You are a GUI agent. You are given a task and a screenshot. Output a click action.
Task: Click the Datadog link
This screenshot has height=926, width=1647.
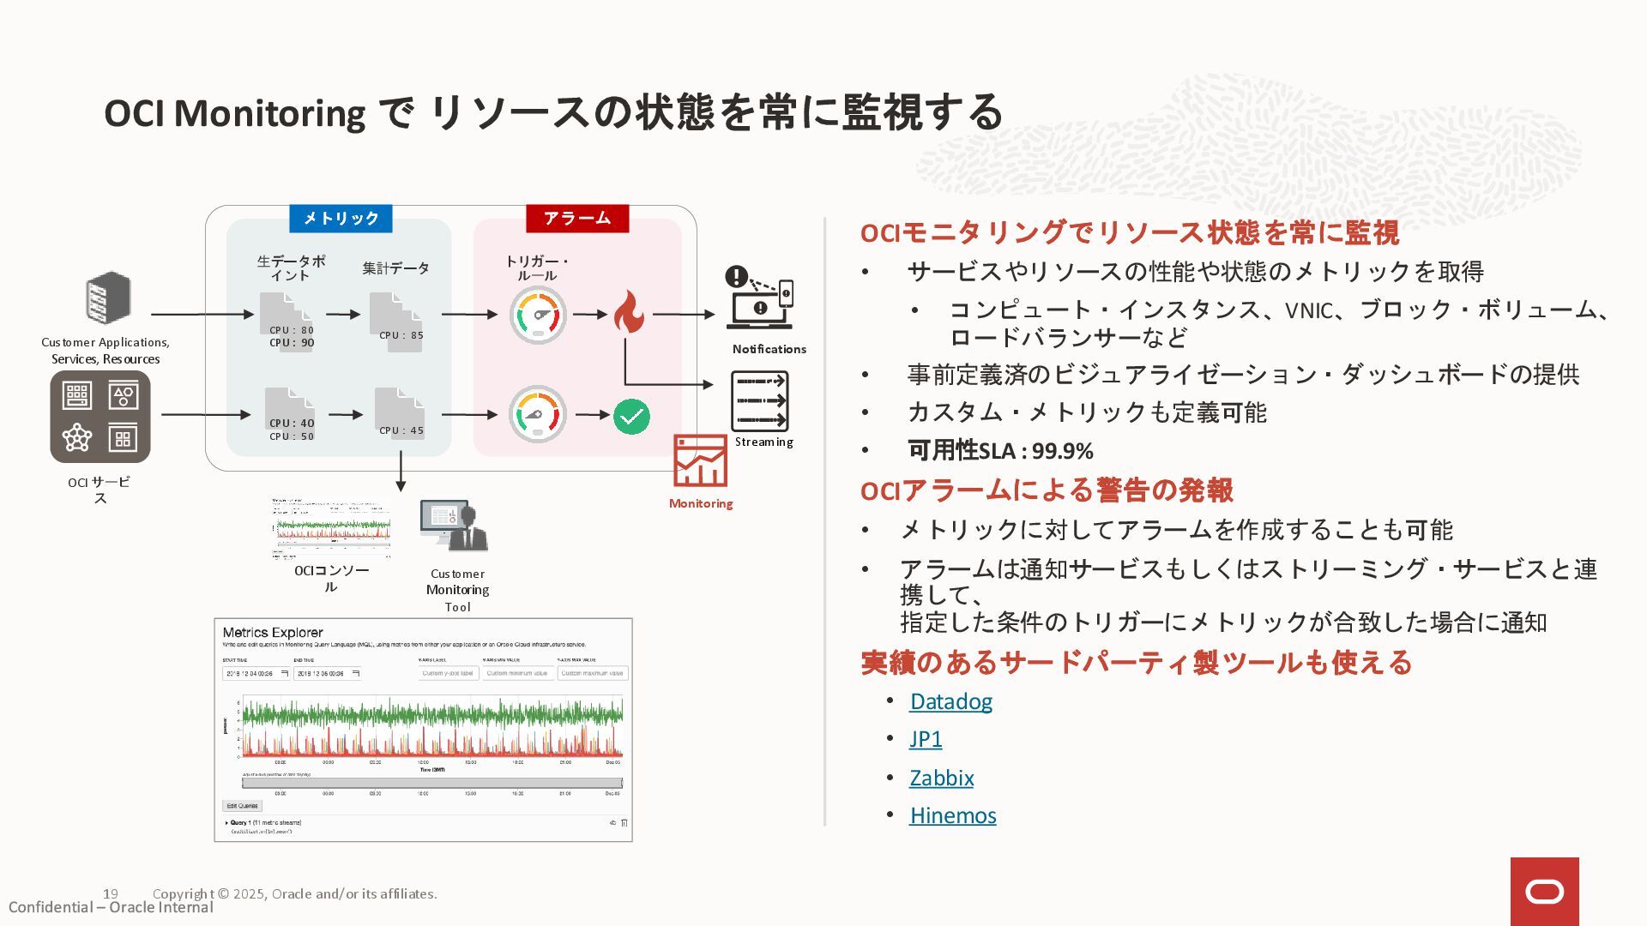click(950, 701)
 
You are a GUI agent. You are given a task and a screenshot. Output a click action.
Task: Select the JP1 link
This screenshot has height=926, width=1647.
click(926, 739)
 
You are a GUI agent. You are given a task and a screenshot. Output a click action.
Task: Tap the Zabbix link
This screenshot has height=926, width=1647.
click(941, 778)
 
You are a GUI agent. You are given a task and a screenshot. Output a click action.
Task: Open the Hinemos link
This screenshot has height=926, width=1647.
click(952, 815)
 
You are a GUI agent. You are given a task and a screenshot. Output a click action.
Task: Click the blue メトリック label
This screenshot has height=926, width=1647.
click(341, 219)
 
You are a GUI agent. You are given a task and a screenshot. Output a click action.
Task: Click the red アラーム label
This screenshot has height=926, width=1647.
click(577, 219)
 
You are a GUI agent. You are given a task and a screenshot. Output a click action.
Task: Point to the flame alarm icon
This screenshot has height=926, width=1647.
click(629, 312)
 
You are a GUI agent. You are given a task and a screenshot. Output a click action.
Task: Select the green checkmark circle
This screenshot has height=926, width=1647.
click(631, 417)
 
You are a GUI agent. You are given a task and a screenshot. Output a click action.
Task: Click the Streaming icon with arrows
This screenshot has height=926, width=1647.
click(759, 401)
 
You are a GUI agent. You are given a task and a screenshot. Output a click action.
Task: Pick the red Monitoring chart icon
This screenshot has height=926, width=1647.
click(700, 461)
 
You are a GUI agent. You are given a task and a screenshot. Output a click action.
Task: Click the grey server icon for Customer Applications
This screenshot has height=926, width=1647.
click(108, 298)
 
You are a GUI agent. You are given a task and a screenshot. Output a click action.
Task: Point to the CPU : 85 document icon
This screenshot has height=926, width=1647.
click(395, 322)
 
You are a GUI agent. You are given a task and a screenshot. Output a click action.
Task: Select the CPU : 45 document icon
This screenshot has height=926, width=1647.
click(400, 416)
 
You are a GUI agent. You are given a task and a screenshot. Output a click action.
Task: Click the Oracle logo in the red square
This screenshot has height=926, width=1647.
click(1544, 892)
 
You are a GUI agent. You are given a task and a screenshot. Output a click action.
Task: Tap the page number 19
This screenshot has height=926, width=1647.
click(110, 893)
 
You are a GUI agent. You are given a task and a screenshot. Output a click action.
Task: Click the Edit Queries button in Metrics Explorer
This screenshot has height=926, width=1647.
click(242, 806)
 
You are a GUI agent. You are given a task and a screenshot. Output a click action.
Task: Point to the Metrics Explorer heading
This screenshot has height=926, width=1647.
click(273, 633)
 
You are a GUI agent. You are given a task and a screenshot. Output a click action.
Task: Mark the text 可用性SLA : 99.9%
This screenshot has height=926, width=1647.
click(1000, 450)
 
